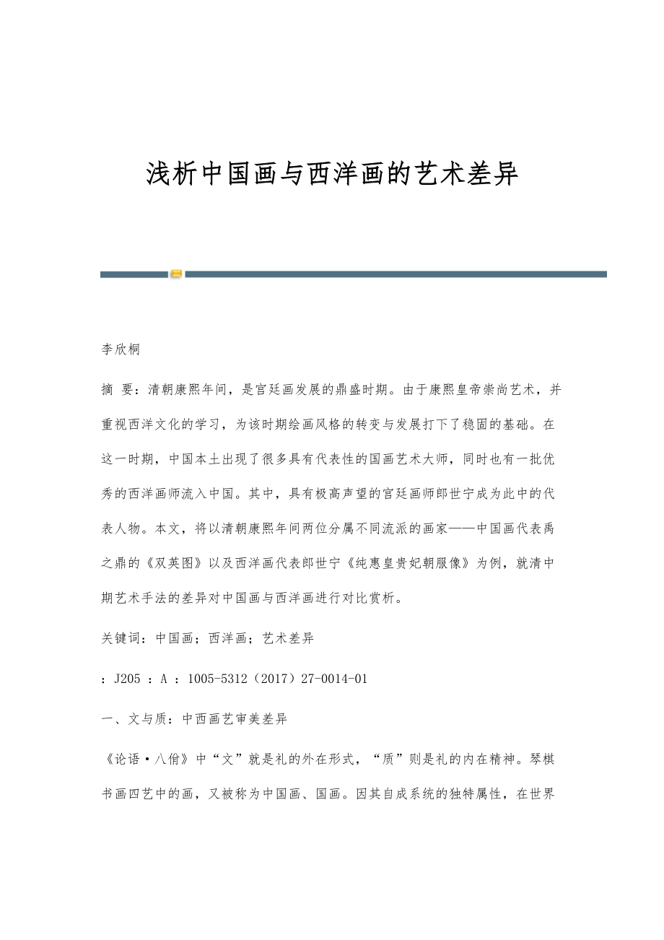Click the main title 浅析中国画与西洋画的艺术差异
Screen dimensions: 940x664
[x=332, y=173]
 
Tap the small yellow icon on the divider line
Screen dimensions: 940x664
[x=176, y=274]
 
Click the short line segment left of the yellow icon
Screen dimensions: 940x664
[x=134, y=274]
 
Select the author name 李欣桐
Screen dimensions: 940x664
[x=120, y=350]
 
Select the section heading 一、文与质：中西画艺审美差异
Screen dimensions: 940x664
[x=193, y=719]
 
